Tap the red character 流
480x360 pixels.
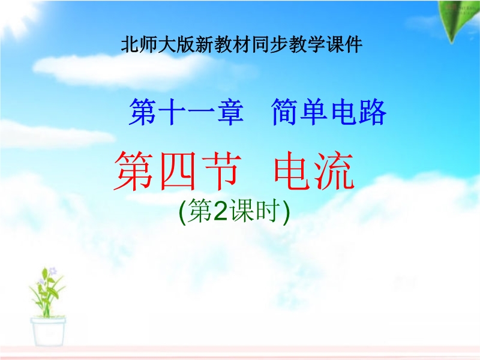coord(335,170)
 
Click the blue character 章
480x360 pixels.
coord(230,112)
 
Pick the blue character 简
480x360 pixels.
coord(285,112)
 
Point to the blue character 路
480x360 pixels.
coord(373,112)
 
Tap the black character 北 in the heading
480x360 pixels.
coord(130,44)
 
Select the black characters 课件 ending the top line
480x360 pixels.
coord(344,44)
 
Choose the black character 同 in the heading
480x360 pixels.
coord(261,44)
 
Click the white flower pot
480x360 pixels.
coord(48,332)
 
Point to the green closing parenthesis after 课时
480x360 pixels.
coord(286,212)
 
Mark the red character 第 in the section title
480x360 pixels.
coord(134,171)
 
